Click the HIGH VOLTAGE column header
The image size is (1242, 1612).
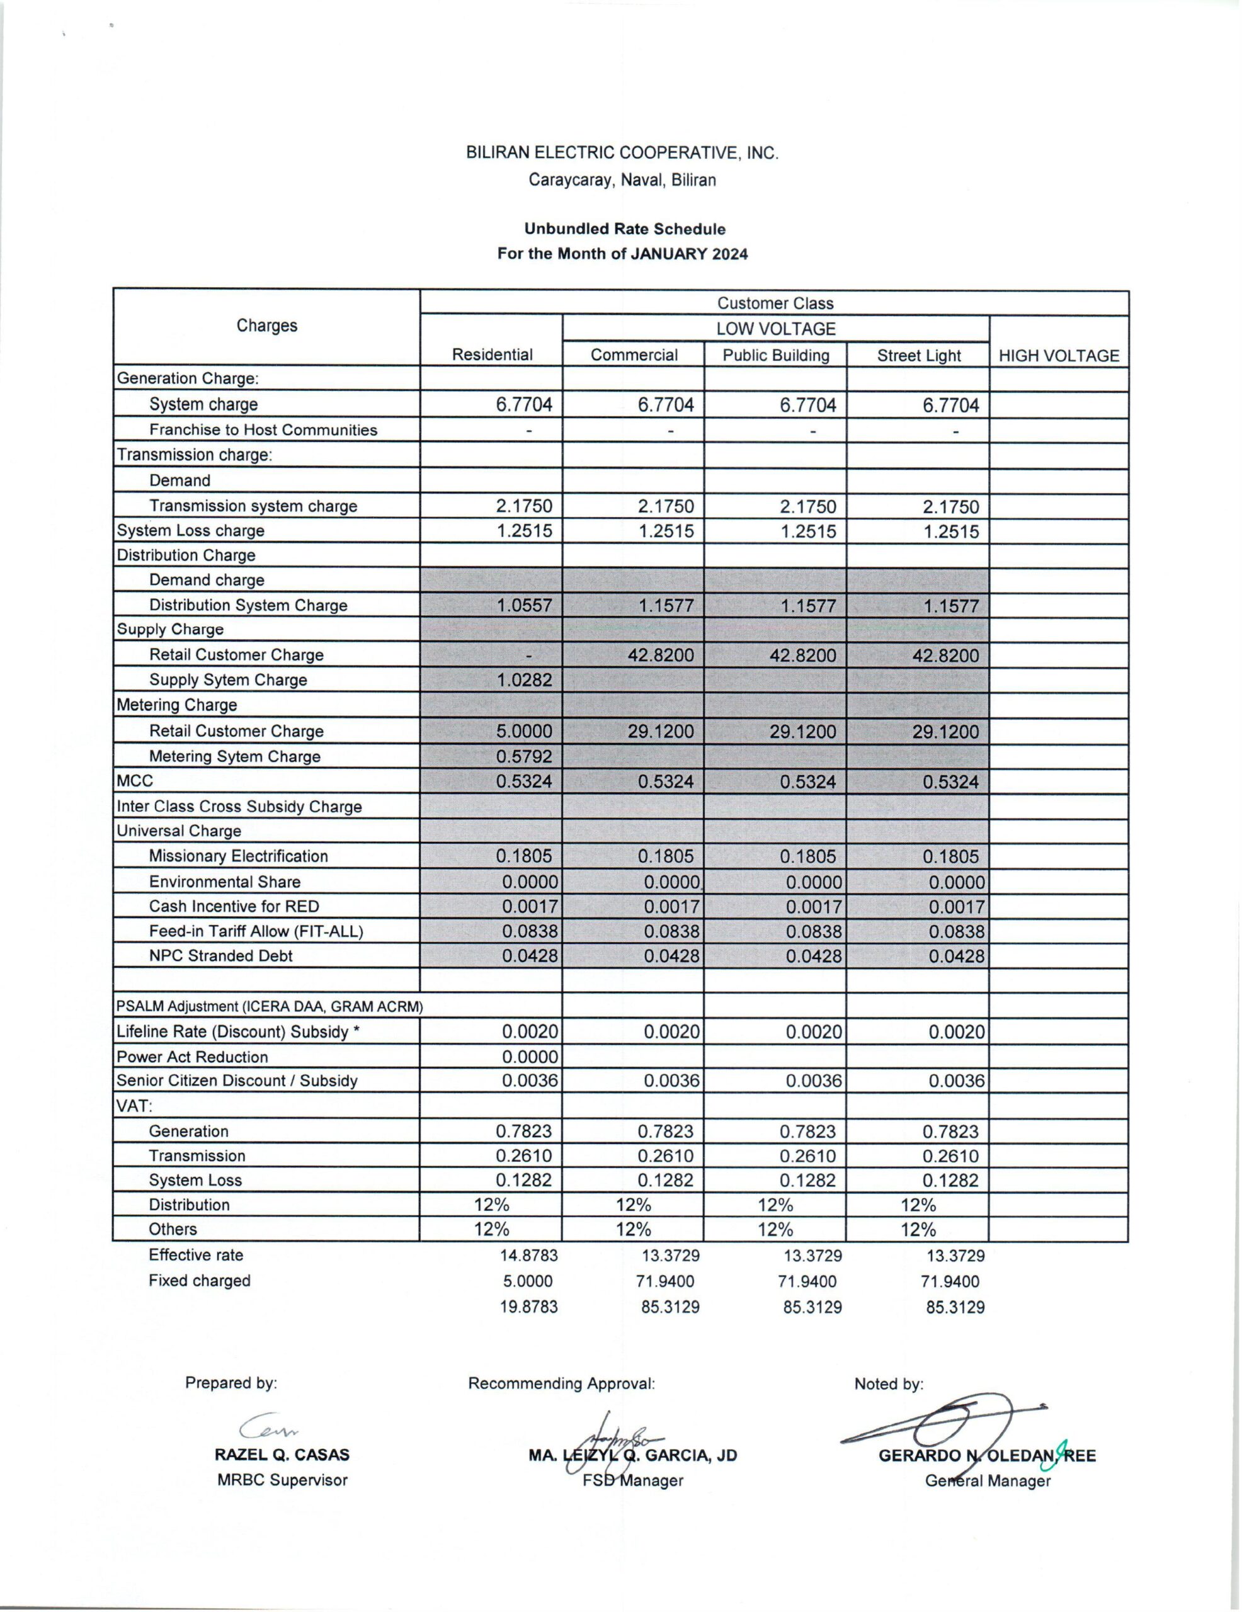1058,356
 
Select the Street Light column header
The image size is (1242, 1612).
918,356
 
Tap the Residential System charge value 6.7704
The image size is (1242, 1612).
523,404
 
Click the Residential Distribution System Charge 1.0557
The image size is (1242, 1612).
523,606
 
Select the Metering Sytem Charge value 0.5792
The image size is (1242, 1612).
523,756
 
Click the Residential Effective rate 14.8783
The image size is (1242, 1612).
528,1256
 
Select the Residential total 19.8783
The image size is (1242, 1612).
528,1307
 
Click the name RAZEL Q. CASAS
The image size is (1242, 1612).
282,1455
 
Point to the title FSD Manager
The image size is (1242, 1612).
633,1480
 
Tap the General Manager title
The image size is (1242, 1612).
988,1480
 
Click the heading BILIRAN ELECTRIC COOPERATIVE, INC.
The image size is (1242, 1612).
622,153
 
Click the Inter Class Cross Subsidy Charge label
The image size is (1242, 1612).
239,806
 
